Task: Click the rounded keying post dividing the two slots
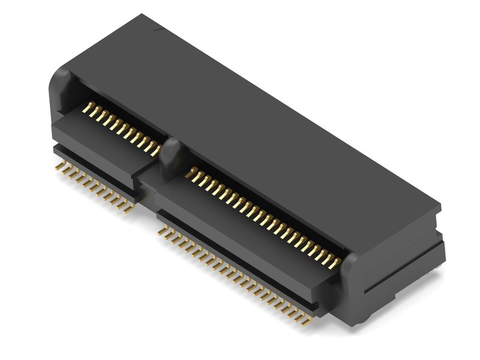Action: (171, 157)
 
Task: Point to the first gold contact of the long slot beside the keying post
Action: (191, 173)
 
